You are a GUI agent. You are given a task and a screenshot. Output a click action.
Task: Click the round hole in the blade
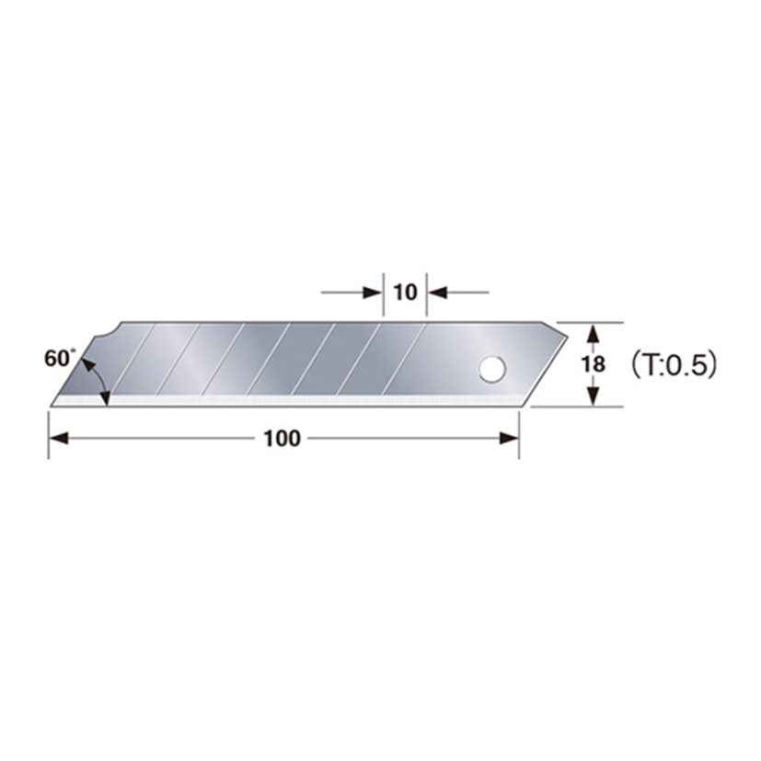point(491,370)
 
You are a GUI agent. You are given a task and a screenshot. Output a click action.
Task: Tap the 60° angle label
point(57,359)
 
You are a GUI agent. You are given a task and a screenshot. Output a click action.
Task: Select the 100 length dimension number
point(282,439)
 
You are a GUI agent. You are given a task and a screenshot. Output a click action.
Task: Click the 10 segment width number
point(405,293)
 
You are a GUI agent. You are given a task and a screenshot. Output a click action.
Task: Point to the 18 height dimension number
point(594,363)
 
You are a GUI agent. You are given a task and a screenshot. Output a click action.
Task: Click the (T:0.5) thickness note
point(673,364)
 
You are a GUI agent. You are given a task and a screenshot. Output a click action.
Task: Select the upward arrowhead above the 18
point(594,331)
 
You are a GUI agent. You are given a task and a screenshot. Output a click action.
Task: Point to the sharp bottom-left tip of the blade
point(52,404)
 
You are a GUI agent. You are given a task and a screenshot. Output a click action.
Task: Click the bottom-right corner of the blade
point(518,405)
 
